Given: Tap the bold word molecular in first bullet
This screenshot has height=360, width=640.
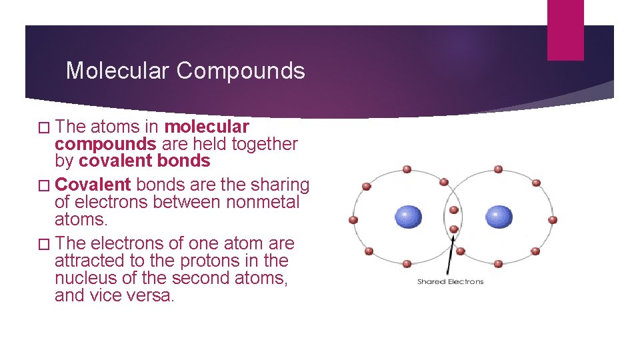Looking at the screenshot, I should point(207,127).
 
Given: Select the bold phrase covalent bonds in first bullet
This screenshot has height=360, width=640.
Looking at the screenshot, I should point(144,161).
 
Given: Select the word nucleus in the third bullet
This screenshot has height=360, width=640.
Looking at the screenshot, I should point(84,277).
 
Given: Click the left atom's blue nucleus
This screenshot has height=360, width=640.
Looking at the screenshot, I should point(408,217).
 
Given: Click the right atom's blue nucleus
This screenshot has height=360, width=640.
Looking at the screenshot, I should point(499,217).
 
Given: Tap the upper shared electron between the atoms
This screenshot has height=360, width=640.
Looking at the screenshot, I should point(453,210).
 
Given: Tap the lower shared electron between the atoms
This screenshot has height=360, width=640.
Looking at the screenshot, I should point(453,229).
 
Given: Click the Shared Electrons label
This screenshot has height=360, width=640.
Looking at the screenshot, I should point(450,281).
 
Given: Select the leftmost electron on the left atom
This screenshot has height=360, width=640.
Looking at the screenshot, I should point(353,219).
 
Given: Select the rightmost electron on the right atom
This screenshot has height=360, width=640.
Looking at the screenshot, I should point(552,219).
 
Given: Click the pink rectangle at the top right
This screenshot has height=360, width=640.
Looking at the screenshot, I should point(565,29).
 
